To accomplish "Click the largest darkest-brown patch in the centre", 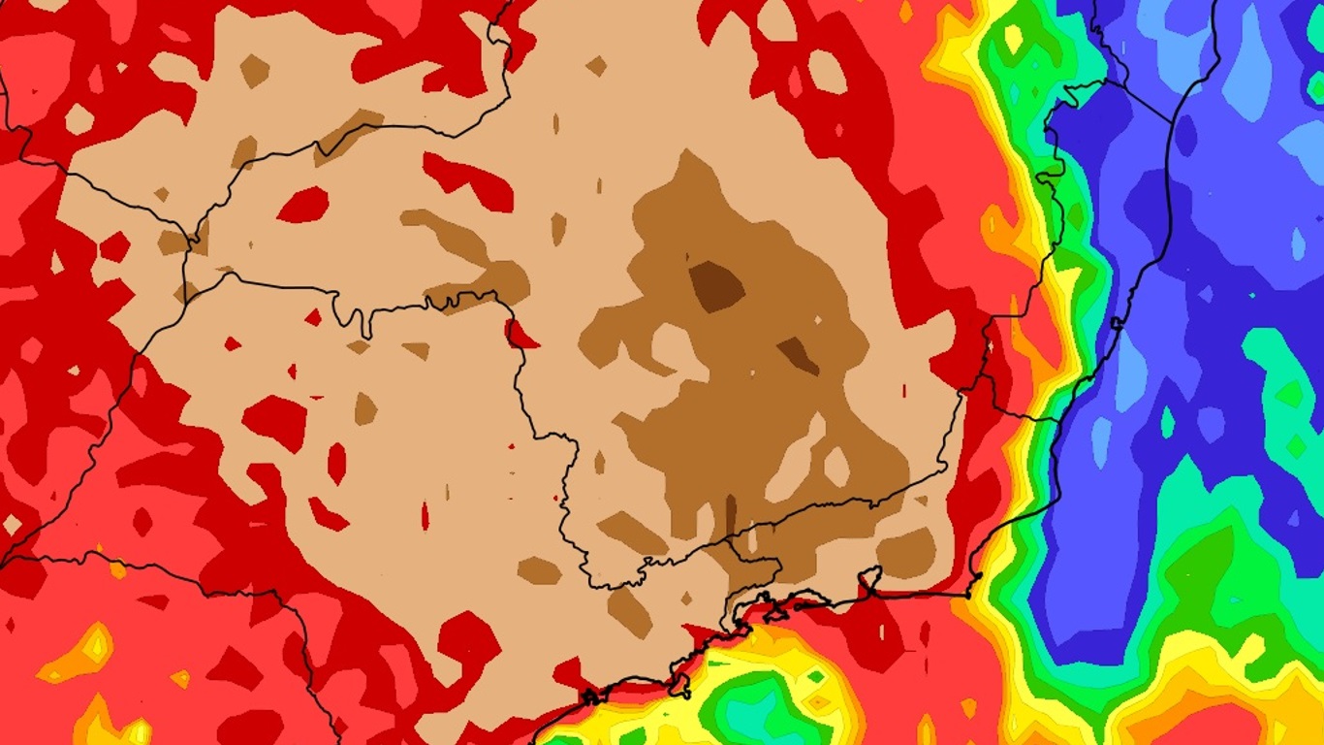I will point(716,286).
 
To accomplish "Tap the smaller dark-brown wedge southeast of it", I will point(799,355).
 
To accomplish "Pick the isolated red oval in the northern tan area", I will point(303,206).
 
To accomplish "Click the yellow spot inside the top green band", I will point(1014,38).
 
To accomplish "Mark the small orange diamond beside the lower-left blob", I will point(180,678).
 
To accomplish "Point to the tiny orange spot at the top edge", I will point(905,10).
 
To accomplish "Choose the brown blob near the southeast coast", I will point(907,553).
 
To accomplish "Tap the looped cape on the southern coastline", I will point(868,582).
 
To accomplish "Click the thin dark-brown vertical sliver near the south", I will point(730,513).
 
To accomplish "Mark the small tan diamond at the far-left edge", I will point(12,524).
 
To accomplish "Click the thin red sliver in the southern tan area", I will point(425,515).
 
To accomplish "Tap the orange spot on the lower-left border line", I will point(118,569).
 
